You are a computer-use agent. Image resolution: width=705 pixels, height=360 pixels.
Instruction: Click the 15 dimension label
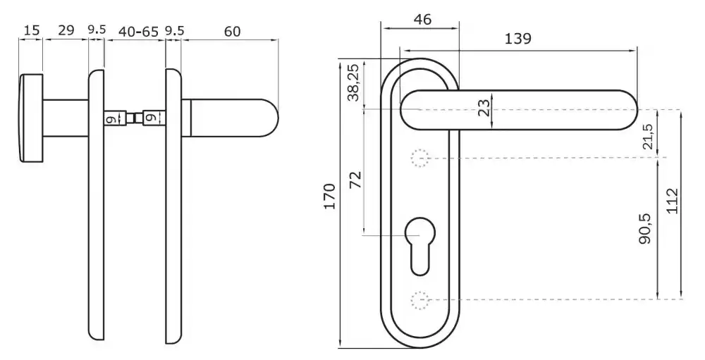(x=32, y=30)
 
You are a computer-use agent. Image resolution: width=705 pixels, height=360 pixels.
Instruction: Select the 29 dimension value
(x=66, y=30)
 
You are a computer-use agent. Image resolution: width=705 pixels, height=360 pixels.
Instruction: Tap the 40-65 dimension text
(x=138, y=32)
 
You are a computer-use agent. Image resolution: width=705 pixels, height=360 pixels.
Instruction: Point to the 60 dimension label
(x=233, y=32)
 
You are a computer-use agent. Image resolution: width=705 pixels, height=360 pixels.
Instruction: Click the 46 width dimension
(x=422, y=19)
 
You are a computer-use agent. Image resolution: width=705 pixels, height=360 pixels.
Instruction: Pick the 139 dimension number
(x=517, y=39)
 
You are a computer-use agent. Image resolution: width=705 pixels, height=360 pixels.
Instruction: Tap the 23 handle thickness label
(x=484, y=108)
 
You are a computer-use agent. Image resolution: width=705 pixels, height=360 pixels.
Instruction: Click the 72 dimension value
(x=355, y=180)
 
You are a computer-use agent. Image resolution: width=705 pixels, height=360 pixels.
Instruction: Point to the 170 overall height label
(x=330, y=197)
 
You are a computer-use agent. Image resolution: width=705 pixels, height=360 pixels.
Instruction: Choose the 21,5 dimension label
(x=647, y=137)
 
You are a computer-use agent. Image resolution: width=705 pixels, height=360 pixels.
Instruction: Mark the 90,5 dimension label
(x=646, y=229)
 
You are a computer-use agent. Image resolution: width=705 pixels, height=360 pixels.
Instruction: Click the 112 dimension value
(x=671, y=201)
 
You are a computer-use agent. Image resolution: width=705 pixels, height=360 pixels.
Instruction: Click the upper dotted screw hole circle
(x=420, y=159)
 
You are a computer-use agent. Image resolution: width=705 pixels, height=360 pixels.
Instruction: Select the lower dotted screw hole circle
(x=420, y=300)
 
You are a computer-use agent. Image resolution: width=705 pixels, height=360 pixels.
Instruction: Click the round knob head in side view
(x=30, y=118)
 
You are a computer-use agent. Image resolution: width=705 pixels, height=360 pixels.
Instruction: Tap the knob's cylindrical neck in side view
(x=66, y=118)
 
